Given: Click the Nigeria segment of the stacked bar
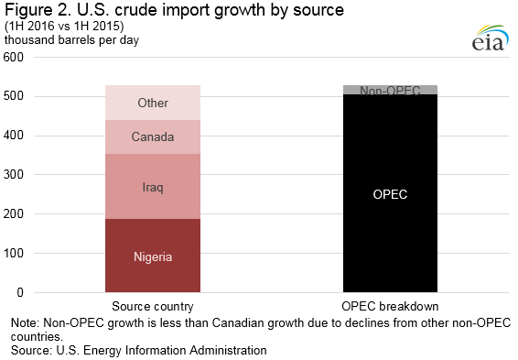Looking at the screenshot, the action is pos(153,256).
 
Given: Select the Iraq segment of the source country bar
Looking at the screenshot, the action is pos(153,187).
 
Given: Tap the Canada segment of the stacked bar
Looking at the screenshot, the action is pos(153,136).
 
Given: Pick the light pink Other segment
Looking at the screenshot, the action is pos(153,103).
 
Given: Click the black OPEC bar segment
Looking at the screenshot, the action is pos(390,193).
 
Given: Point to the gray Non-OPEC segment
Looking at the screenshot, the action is pos(390,90).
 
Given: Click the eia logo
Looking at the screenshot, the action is pos(490,38).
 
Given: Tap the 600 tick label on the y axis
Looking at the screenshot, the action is pos(14,57).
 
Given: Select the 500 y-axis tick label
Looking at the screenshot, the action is pos(14,96).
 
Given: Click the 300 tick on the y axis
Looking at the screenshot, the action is pos(14,175).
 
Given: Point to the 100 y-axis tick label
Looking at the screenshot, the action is pos(14,253).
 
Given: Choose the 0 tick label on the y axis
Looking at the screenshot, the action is pos(20,292).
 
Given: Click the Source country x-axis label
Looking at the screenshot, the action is pos(153,307).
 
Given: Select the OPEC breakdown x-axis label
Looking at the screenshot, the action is pos(390,307).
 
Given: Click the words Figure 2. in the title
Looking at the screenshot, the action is pos(38,10).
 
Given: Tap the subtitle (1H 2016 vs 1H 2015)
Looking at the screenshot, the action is pos(64,27).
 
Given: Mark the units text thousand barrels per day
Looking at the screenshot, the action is pos(71,40).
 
